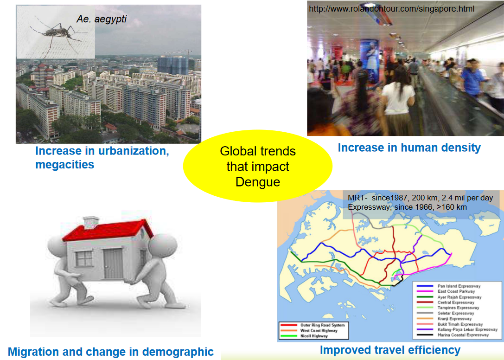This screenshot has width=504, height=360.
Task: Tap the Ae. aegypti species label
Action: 102,19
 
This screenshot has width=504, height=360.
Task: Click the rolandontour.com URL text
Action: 391,9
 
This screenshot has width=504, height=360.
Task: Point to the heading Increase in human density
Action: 409,148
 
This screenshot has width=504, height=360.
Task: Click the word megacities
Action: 64,164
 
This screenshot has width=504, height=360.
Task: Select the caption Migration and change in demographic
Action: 111,352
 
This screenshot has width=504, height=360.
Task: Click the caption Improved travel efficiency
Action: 390,350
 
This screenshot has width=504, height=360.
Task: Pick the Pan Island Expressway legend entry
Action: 459,286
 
